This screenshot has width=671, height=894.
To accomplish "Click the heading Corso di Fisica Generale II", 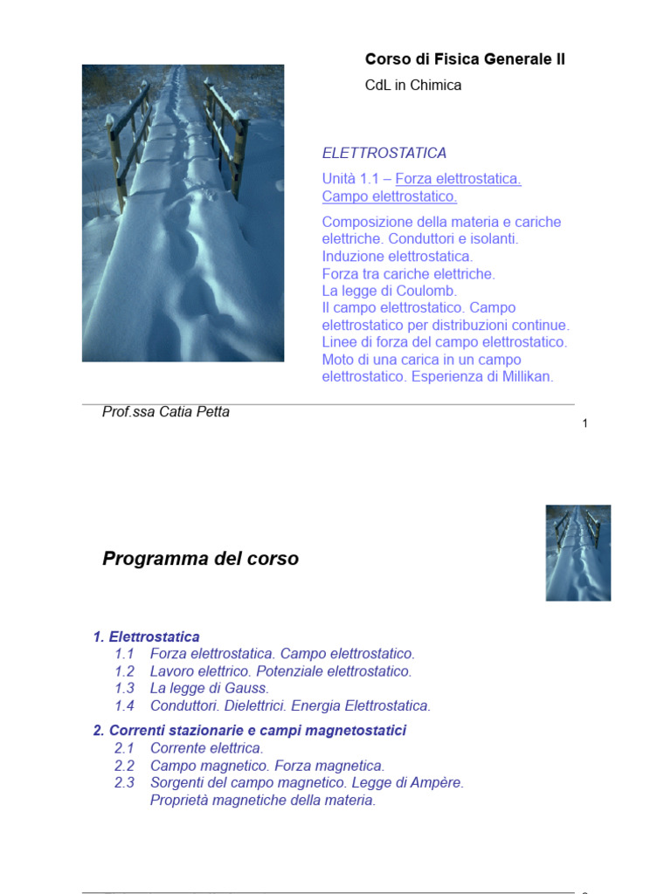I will point(465,59).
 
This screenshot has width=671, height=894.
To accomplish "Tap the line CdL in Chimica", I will point(412,86).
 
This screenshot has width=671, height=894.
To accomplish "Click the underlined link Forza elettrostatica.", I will point(458,179).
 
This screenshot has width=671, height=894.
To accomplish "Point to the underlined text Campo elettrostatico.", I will point(390,196).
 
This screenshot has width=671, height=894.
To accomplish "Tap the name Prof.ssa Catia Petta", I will point(166,412).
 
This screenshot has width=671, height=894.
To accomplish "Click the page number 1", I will point(585,423).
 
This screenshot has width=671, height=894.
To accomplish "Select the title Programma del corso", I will point(201,559).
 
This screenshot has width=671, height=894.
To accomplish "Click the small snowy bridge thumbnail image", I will point(578,553).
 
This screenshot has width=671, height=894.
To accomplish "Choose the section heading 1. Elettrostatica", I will point(147,637).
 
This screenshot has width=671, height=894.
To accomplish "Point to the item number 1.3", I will point(124,688).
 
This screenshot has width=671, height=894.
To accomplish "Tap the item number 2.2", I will point(124,766).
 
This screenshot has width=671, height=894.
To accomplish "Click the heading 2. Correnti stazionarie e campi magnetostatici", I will point(250,730).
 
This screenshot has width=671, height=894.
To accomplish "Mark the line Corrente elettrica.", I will point(206,748).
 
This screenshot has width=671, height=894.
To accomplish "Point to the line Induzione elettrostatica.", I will point(398,257).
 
